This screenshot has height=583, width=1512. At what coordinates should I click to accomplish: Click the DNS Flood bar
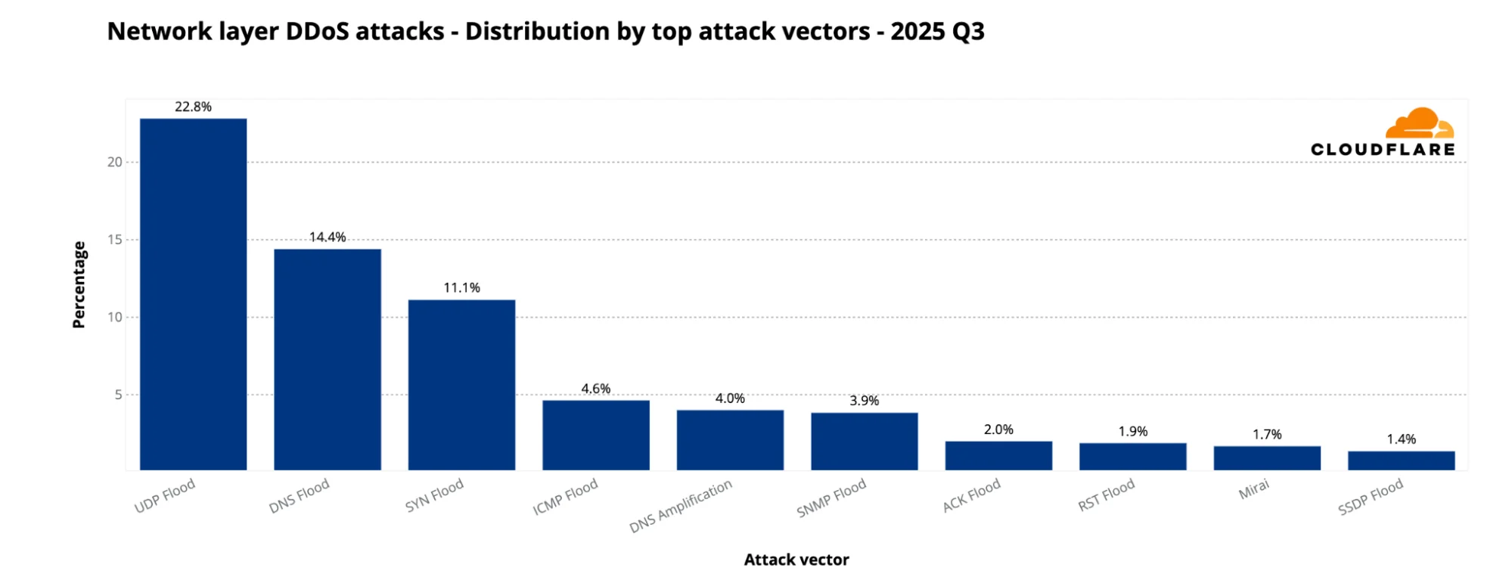coord(327,359)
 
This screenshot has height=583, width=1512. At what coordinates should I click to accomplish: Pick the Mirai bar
coord(1266,458)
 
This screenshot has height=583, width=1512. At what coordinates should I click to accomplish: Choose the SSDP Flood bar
coord(1401,461)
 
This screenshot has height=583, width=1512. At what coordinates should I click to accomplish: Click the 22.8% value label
coord(193,107)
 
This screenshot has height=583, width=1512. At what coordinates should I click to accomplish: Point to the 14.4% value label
coord(327,237)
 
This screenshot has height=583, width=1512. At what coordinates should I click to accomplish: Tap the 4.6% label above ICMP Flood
coord(595,389)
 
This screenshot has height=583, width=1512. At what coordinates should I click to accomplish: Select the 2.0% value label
coord(998,429)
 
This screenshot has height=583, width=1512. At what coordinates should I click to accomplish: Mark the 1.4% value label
coord(1401,439)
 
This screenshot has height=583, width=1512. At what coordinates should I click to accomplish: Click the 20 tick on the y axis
coord(114,162)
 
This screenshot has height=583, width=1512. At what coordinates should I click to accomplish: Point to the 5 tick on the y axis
coord(118,395)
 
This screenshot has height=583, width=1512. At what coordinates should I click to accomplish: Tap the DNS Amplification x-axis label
coord(681,506)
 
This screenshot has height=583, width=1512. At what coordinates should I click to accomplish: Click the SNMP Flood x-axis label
coord(831,499)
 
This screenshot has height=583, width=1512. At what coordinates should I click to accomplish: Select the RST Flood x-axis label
coord(1106,495)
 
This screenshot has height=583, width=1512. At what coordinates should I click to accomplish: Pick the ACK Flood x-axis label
coord(971,496)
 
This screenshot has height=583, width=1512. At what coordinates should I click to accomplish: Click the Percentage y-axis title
coord(79,284)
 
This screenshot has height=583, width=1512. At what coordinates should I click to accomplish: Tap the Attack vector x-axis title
coord(796,560)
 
